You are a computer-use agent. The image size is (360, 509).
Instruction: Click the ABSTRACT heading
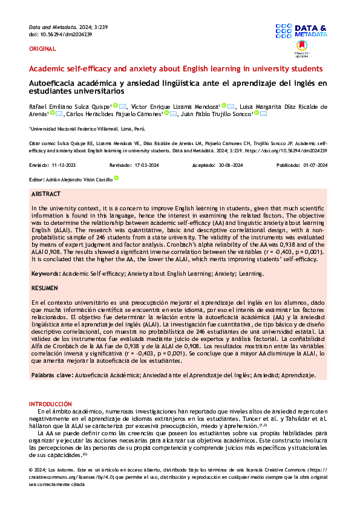(46, 194)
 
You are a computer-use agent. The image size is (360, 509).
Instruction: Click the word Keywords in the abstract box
(45, 274)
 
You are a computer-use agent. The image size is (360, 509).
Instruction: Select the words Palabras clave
(51, 375)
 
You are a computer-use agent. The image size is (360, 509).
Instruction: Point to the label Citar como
(41, 143)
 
